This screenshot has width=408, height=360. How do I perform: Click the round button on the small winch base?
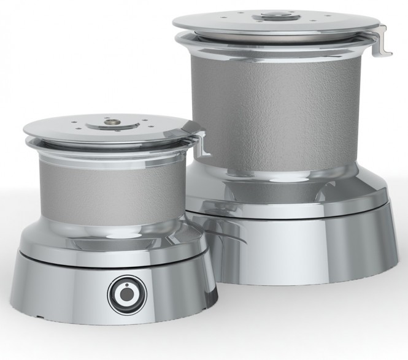[127, 293]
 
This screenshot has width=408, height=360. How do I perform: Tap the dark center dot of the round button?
[127, 294]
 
